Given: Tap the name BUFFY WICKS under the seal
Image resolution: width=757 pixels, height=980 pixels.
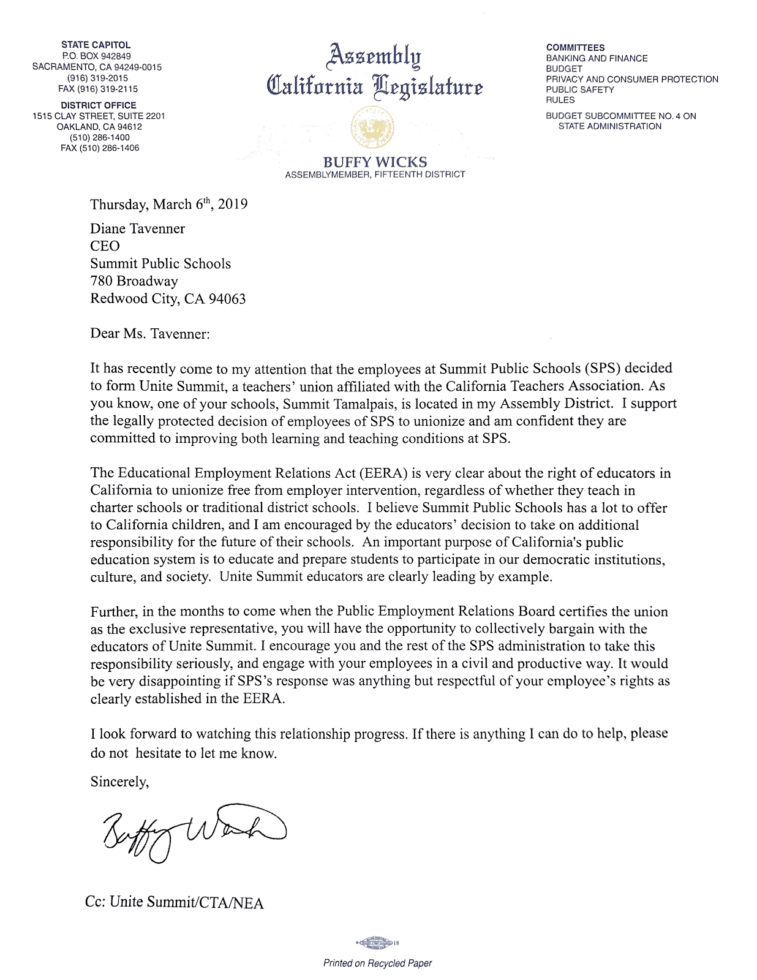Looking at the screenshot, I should tap(375, 162).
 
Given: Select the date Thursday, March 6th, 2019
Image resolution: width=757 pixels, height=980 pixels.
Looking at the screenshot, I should tap(169, 204).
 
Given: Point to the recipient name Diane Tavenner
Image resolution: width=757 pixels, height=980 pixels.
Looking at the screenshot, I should tap(137, 228).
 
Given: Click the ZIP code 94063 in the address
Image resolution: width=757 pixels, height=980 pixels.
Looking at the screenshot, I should tap(227, 299).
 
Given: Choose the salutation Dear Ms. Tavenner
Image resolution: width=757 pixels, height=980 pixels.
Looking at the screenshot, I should tap(150, 334).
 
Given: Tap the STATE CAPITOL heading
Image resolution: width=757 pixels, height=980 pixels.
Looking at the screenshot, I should tap(96, 45).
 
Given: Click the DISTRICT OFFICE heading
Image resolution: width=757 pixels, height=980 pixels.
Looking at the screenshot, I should tap(99, 105).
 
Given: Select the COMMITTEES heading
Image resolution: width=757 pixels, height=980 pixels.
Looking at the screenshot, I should tap(575, 48).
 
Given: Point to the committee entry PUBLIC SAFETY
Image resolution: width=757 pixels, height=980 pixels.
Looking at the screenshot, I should tap(579, 89).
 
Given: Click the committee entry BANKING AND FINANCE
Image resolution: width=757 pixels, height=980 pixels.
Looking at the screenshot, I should tap(597, 58).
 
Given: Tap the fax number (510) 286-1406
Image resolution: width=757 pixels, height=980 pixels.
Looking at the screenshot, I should tap(100, 148).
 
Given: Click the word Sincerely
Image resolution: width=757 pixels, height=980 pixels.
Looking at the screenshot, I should tap(119, 782).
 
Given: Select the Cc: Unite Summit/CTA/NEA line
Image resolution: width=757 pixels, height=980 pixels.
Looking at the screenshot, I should tap(175, 902).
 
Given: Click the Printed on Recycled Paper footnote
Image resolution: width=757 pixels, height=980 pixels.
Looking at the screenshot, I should tap(377, 963).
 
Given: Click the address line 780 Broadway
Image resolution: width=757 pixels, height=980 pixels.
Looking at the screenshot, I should tap(134, 281).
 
